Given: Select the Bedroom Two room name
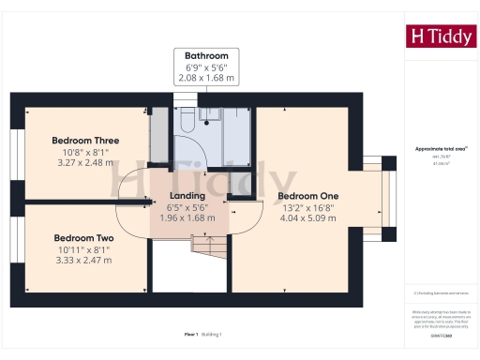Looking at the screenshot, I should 83,238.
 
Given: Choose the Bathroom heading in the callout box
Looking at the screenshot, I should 207,55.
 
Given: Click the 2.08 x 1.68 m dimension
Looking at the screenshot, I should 207,79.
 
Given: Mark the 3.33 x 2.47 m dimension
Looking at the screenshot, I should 83,260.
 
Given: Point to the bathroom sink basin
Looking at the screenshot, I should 211,114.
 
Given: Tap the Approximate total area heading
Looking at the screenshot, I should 442,149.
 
